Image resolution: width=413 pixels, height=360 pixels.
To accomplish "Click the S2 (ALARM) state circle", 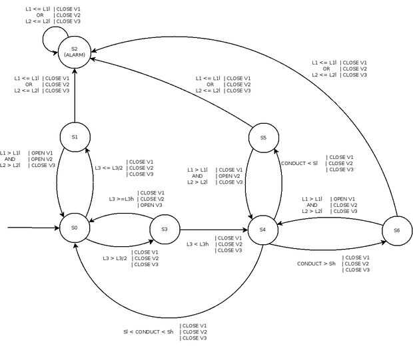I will click(75, 51).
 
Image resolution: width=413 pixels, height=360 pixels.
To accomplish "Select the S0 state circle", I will click(74, 228).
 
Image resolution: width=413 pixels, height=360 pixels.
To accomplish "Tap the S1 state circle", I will click(75, 137).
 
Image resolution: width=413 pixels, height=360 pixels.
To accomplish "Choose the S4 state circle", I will click(262, 229).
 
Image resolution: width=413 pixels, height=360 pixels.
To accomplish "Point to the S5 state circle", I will click(262, 138).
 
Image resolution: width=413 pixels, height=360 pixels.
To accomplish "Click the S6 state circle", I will click(396, 230).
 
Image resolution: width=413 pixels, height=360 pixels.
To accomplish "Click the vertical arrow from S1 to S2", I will click(75, 93).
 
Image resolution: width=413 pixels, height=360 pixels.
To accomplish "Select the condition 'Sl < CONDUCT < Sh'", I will click(148, 331).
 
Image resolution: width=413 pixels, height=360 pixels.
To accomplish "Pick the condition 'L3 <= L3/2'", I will click(109, 168).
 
